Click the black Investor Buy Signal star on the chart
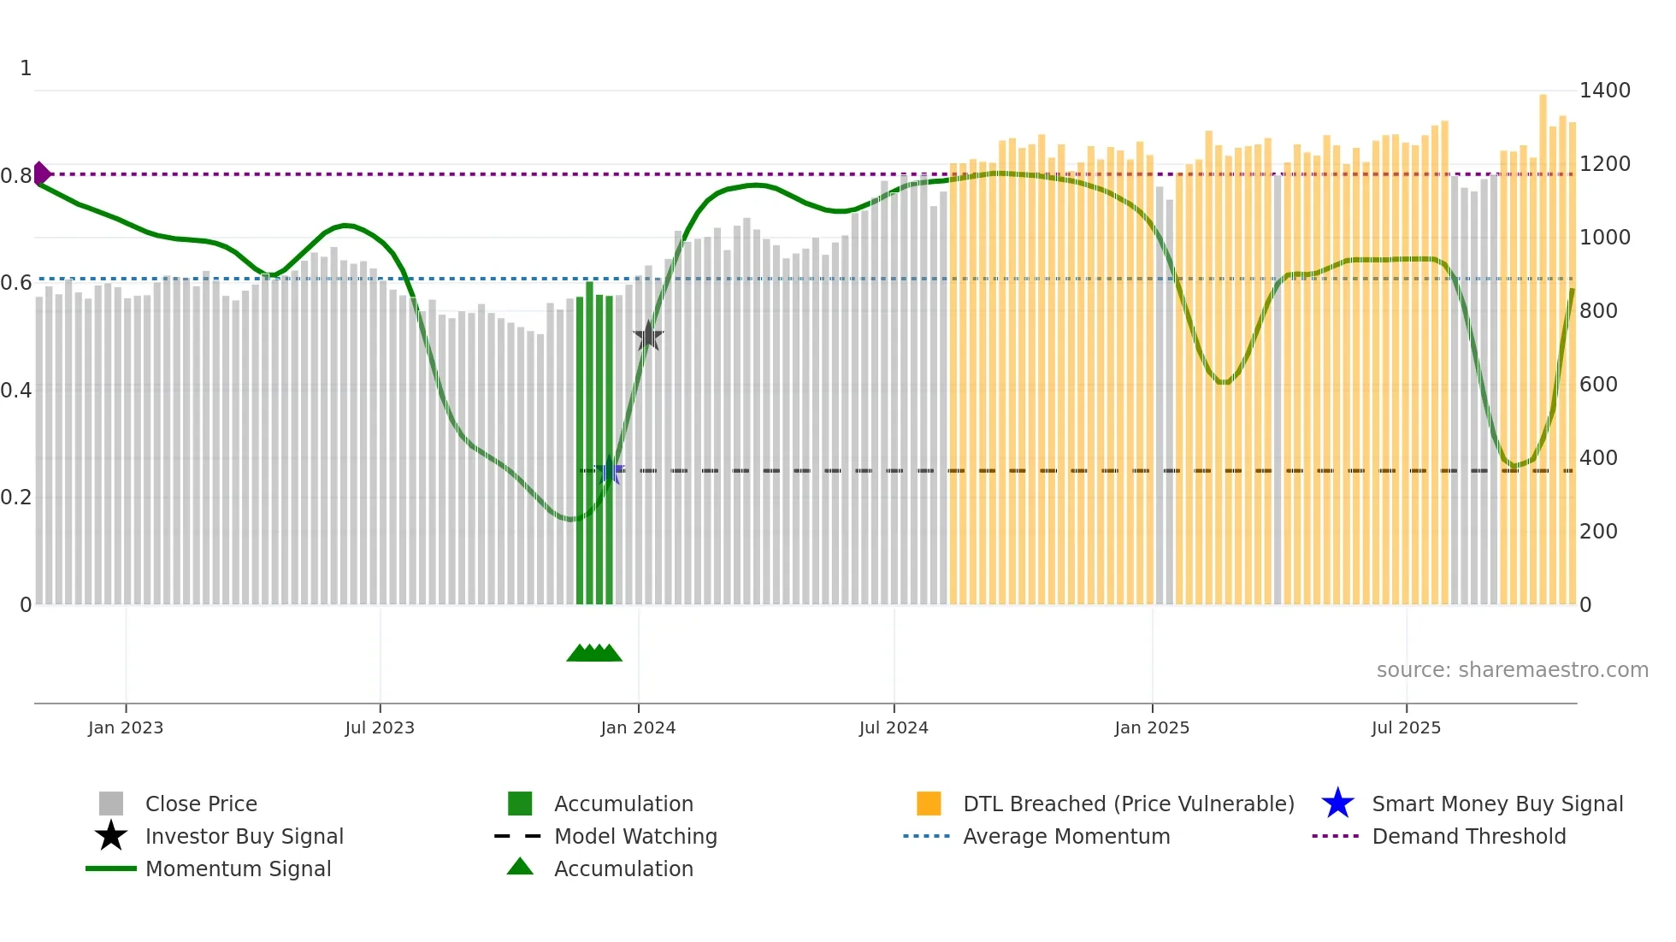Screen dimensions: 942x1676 coord(648,336)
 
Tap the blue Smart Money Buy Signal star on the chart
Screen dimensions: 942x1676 coord(610,470)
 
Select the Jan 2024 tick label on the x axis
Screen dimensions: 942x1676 coord(638,727)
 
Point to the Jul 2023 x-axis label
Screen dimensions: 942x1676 coord(380,727)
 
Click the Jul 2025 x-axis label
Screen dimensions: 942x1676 coord(1406,727)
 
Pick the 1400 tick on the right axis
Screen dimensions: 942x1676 coord(1604,90)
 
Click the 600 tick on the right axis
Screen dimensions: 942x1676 coord(1598,384)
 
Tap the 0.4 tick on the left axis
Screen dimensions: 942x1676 coord(16,390)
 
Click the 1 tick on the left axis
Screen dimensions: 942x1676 coord(26,68)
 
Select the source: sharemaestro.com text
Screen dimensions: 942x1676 coord(1512,669)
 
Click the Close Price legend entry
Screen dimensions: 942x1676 coord(201,804)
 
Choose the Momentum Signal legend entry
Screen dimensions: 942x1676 coord(238,868)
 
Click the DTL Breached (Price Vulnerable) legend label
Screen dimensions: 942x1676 coord(1128,804)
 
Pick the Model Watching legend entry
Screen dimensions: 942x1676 coord(635,836)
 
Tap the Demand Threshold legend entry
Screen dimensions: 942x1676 coord(1468,836)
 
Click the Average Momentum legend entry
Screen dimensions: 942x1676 coord(1065,836)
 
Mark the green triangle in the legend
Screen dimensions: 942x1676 coord(520,867)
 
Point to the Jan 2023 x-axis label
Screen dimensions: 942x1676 coord(126,727)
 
